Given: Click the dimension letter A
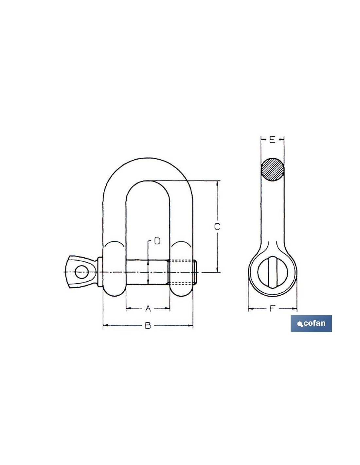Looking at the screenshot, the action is click(148, 308).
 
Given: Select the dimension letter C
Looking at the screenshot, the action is click(217, 227).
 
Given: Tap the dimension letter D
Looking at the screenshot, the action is click(157, 241).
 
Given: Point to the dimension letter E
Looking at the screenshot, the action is click(272, 140).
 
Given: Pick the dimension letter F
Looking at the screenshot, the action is click(272, 308).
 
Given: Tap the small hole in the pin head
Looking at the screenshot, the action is click(82, 272).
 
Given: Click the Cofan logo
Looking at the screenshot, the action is click(311, 323).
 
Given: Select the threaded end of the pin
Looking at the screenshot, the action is click(183, 272).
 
